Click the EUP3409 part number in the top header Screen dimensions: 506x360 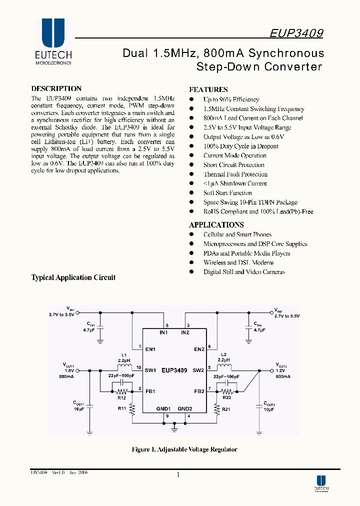(x=296, y=33)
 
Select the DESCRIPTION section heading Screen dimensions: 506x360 (x=56, y=88)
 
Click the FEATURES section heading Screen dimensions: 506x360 (x=208, y=89)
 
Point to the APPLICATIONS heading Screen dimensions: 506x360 (x=216, y=225)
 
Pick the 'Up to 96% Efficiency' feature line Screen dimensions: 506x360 (x=231, y=99)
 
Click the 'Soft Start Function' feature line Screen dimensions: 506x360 (x=227, y=193)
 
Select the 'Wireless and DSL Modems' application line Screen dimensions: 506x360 (x=238, y=262)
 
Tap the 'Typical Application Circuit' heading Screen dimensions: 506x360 (x=73, y=277)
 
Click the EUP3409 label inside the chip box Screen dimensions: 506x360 (x=174, y=370)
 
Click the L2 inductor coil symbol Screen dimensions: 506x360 (x=223, y=366)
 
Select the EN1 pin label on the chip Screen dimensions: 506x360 (x=151, y=349)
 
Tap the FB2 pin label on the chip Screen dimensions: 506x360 (x=198, y=391)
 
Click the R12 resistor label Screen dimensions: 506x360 (x=121, y=398)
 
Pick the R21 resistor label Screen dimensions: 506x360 (x=225, y=409)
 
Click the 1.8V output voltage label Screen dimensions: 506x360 (x=68, y=370)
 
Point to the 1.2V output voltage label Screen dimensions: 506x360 (x=280, y=370)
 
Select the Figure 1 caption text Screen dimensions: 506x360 (x=184, y=449)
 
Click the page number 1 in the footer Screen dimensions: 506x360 (x=178, y=475)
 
